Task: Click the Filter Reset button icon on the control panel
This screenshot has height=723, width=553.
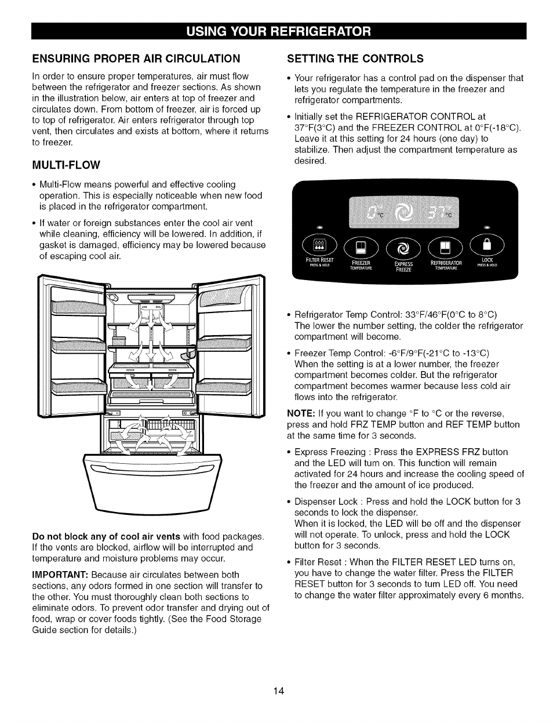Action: [x=319, y=245]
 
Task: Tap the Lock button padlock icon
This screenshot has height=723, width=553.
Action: [x=487, y=245]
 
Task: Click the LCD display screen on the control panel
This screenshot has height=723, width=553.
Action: [x=403, y=212]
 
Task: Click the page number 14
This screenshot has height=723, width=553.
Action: [x=279, y=691]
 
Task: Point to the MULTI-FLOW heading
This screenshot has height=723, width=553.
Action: [x=66, y=165]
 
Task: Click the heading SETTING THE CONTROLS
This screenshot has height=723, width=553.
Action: [x=355, y=59]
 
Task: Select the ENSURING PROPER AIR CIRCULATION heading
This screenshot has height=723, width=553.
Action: [x=136, y=59]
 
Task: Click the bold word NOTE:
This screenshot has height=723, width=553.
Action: [x=301, y=413]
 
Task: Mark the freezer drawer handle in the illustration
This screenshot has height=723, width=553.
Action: [x=152, y=470]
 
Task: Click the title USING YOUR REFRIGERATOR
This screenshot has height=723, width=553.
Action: [x=278, y=31]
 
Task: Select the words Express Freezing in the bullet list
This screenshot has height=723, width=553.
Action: [x=330, y=452]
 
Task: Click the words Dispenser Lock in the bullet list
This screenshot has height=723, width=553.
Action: [x=326, y=502]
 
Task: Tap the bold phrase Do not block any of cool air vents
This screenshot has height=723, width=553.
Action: [x=106, y=536]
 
